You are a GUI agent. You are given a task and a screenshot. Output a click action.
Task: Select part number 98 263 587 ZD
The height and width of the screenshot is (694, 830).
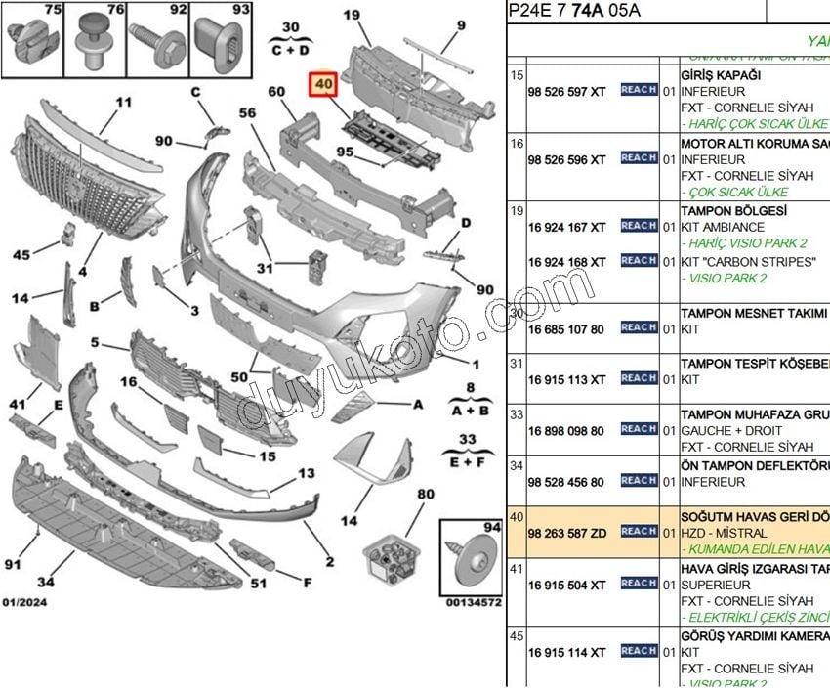pyautogui.click(x=566, y=532)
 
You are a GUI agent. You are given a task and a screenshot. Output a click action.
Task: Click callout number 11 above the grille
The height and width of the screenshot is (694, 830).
pyautogui.click(x=123, y=102)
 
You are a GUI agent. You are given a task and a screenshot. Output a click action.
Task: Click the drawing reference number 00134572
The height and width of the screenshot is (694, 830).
pyautogui.click(x=473, y=603)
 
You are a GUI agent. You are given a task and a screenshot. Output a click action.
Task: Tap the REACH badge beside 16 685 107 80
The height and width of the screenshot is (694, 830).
pyautogui.click(x=639, y=328)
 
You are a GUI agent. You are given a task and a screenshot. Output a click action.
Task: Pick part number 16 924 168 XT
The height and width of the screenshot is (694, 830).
pyautogui.click(x=566, y=262)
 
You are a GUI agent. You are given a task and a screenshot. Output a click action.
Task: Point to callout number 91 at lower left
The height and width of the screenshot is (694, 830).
pyautogui.click(x=12, y=564)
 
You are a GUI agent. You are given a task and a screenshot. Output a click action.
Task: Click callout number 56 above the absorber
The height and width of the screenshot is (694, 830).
pyautogui.click(x=246, y=113)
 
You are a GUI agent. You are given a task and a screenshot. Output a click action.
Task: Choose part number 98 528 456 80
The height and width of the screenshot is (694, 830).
pyautogui.click(x=566, y=482)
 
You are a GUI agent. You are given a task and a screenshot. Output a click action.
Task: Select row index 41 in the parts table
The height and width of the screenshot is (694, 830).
pyautogui.click(x=518, y=567)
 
